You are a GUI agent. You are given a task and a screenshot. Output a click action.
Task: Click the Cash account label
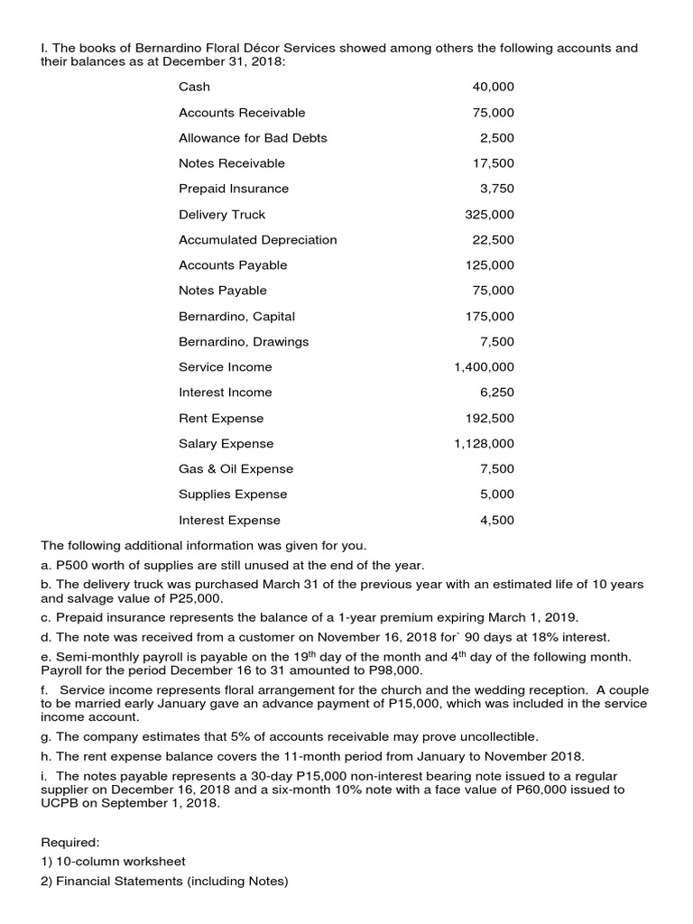click(x=194, y=87)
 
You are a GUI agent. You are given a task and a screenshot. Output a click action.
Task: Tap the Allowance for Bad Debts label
click(x=253, y=138)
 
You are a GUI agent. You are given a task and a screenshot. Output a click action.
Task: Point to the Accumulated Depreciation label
click(x=257, y=240)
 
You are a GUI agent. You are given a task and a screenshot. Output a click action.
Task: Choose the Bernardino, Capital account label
click(x=236, y=317)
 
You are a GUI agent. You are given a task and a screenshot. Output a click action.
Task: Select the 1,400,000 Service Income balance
click(x=484, y=367)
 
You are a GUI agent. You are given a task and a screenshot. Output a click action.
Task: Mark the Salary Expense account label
click(x=226, y=444)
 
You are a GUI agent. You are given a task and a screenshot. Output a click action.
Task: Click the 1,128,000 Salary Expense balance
click(x=484, y=444)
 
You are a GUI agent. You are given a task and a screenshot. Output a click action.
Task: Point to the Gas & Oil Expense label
click(x=236, y=469)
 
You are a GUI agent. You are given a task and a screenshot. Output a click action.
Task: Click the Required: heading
click(x=70, y=842)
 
